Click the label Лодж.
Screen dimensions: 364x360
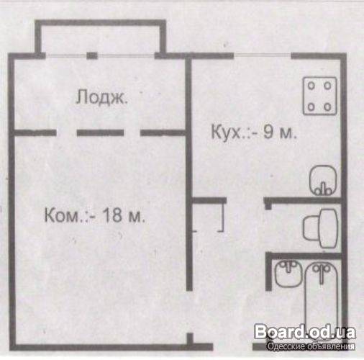pos(101,96)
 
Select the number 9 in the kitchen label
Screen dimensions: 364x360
pos(268,132)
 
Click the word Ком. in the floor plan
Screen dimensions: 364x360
pos(65,215)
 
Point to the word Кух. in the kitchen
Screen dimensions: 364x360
pos(227,132)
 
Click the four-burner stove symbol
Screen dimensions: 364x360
pos(319,96)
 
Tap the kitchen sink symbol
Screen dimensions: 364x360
pos(323,180)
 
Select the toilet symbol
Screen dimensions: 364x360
pos(320,228)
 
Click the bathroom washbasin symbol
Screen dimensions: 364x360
pos(288,274)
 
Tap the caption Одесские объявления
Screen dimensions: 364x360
pos(311,346)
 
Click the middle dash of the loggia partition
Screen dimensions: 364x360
pos(100,132)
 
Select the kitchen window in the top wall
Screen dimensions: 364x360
pos(263,55)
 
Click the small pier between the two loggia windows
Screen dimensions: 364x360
pos(92,55)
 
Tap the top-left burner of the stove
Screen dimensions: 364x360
pos(311,86)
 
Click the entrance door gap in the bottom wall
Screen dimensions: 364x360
pos(232,346)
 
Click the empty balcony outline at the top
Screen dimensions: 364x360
pos(101,23)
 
